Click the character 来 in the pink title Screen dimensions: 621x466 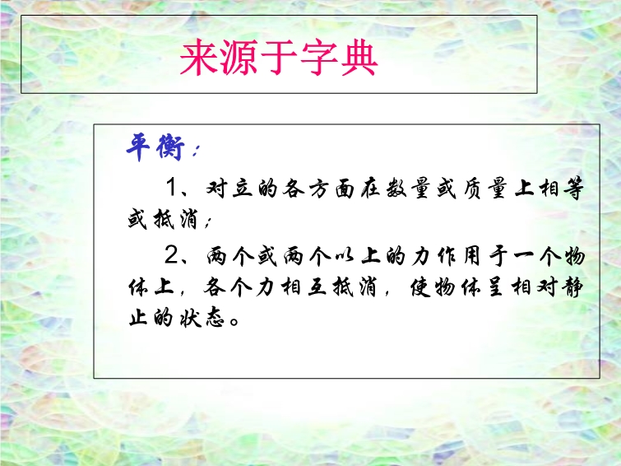pos(200,58)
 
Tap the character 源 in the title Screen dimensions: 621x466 pos(239,58)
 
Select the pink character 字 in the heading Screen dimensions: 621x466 pos(319,58)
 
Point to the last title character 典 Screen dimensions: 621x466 pos(359,58)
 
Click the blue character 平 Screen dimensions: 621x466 pos(138,147)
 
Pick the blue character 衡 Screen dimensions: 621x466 pos(170,147)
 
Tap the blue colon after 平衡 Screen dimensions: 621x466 pos(196,151)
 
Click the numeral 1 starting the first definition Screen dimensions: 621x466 pos(172,187)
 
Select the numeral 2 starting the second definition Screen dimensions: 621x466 pos(173,255)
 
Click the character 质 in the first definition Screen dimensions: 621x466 pos(470,188)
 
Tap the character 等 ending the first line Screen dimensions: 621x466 pos(573,188)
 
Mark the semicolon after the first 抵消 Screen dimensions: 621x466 pos(208,222)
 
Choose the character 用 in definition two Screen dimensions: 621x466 pos(471,256)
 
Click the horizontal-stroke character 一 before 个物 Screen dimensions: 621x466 pos(523,257)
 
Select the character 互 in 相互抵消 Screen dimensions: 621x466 pos(317,287)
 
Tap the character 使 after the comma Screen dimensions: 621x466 pos(419,287)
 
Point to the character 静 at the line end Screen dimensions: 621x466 pos(573,287)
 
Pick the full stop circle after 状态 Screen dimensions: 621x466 pos(234,320)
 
